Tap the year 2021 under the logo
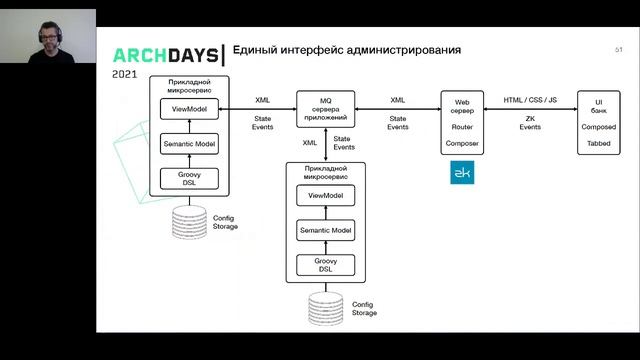125,74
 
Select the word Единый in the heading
255,50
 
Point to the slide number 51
619,49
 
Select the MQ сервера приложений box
325,108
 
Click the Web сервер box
461,121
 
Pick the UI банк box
599,121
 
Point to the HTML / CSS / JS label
530,100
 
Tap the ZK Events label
530,123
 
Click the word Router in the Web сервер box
461,128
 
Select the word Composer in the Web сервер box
461,144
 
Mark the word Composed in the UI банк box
598,128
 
